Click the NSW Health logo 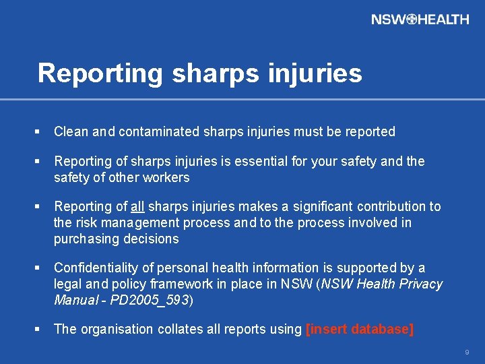420,20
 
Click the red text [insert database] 360,329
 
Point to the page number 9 466,352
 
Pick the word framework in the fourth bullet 182,284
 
